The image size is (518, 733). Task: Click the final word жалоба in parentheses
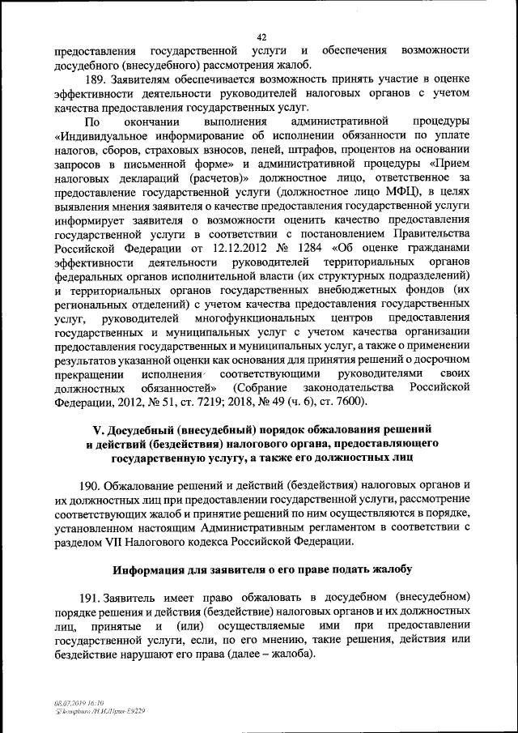coord(291,653)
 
